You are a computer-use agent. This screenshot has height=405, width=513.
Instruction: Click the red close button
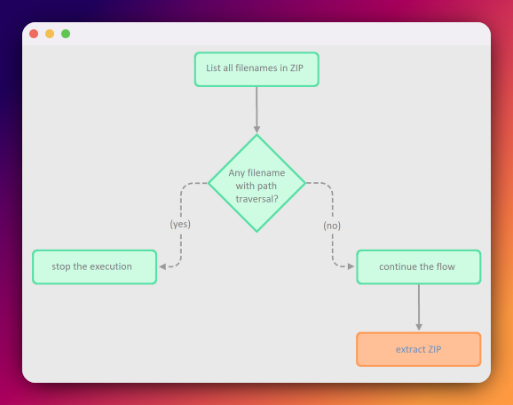click(x=34, y=34)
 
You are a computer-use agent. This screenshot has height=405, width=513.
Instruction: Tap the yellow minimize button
click(x=50, y=34)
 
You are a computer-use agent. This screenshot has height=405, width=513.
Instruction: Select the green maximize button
click(x=66, y=34)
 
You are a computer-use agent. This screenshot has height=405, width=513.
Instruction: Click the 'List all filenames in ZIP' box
click(x=256, y=69)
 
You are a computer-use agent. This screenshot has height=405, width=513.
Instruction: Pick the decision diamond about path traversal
click(x=256, y=183)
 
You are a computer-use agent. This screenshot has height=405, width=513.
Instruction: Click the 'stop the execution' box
click(x=95, y=266)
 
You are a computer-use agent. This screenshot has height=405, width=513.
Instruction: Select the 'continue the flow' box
click(x=419, y=266)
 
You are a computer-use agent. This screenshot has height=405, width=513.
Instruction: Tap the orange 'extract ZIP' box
click(x=419, y=349)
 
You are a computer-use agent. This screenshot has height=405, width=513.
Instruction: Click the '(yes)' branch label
click(x=180, y=225)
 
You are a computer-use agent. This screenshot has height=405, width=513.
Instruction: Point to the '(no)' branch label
click(x=332, y=226)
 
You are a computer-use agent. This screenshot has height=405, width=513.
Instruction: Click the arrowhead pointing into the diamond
click(x=256, y=130)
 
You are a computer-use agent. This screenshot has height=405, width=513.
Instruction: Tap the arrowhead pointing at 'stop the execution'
click(x=162, y=266)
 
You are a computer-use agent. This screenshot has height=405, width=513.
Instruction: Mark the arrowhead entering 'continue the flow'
click(x=351, y=266)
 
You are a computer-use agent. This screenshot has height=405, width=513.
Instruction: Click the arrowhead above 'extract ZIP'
click(x=419, y=327)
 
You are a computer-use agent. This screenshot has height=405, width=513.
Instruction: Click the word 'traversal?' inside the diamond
click(x=256, y=199)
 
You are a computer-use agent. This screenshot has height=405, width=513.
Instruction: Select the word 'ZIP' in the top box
click(x=296, y=67)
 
